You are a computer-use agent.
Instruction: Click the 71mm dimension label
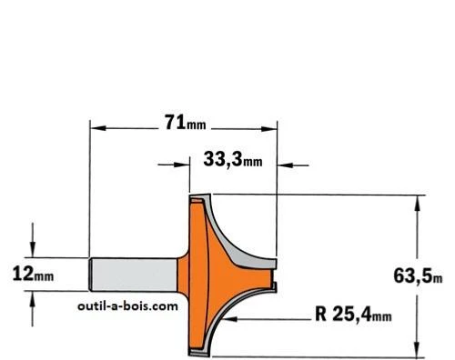(185, 123)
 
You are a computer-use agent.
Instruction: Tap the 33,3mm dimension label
(233, 159)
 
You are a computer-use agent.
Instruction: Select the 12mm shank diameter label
(33, 275)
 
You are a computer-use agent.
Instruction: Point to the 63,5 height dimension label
(418, 276)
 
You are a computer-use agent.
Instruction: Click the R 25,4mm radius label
(353, 315)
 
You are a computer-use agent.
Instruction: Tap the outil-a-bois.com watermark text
(127, 306)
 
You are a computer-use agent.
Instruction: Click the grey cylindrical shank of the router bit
(134, 275)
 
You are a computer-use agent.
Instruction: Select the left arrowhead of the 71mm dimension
(98, 128)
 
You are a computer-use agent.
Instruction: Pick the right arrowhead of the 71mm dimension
(268, 129)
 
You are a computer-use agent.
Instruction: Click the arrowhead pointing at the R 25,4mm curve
(230, 319)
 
